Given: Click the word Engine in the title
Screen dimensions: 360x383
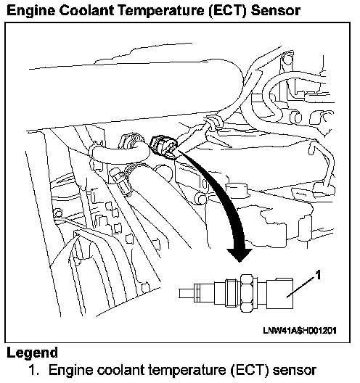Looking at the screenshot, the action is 30,11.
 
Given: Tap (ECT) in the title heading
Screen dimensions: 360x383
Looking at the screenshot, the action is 227,11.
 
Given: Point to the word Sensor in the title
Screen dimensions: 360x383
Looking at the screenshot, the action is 276,11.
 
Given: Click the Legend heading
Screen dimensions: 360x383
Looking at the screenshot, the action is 32,353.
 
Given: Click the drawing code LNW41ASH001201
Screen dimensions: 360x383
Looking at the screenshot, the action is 300,331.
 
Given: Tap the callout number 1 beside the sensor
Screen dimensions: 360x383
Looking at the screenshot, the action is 318,276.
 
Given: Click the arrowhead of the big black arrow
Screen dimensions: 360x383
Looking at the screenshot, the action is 240,255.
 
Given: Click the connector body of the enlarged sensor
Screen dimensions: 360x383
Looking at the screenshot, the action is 279,293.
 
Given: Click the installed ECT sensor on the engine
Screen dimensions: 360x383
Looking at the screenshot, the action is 163,147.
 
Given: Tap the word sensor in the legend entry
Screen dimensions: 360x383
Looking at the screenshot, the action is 294,371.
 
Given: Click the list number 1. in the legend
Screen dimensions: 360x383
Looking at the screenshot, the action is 34,370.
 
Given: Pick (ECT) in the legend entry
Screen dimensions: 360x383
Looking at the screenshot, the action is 249,371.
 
